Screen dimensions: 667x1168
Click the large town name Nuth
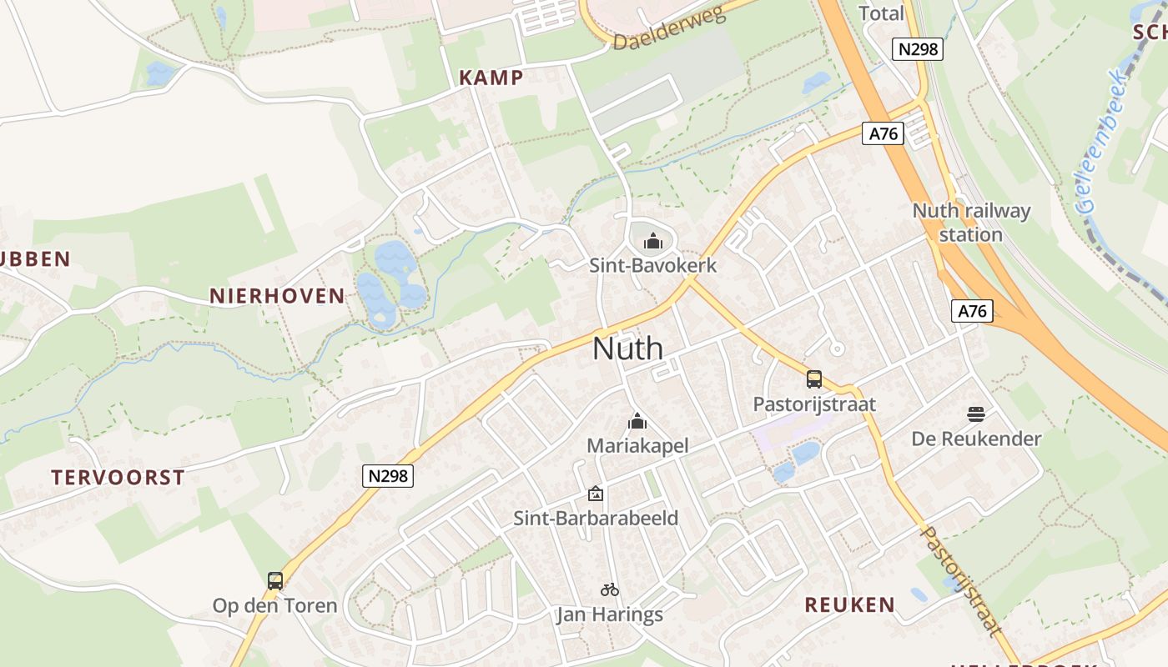tap(627, 349)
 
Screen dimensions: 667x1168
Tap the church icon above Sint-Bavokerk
tap(653, 242)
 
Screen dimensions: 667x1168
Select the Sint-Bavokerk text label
tap(652, 265)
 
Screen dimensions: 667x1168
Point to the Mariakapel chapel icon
tap(637, 421)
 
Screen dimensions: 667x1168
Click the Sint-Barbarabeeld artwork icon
tap(596, 494)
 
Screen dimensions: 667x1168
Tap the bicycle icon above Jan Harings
tap(610, 589)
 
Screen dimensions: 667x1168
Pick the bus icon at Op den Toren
tap(275, 580)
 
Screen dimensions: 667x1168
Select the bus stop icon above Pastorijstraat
tap(814, 379)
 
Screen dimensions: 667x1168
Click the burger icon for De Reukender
tap(976, 414)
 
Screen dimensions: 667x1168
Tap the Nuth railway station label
tap(971, 222)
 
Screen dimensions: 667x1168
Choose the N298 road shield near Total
tap(918, 49)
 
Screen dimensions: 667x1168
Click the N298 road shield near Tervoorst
tap(389, 475)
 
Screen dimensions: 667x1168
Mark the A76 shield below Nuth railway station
tap(972, 311)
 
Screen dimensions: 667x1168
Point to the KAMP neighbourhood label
tap(491, 78)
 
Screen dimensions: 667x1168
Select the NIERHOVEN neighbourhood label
tap(277, 295)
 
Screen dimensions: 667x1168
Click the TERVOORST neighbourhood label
tap(118, 478)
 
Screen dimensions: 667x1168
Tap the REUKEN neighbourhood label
tap(849, 604)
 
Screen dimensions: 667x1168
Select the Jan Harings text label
tap(610, 615)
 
